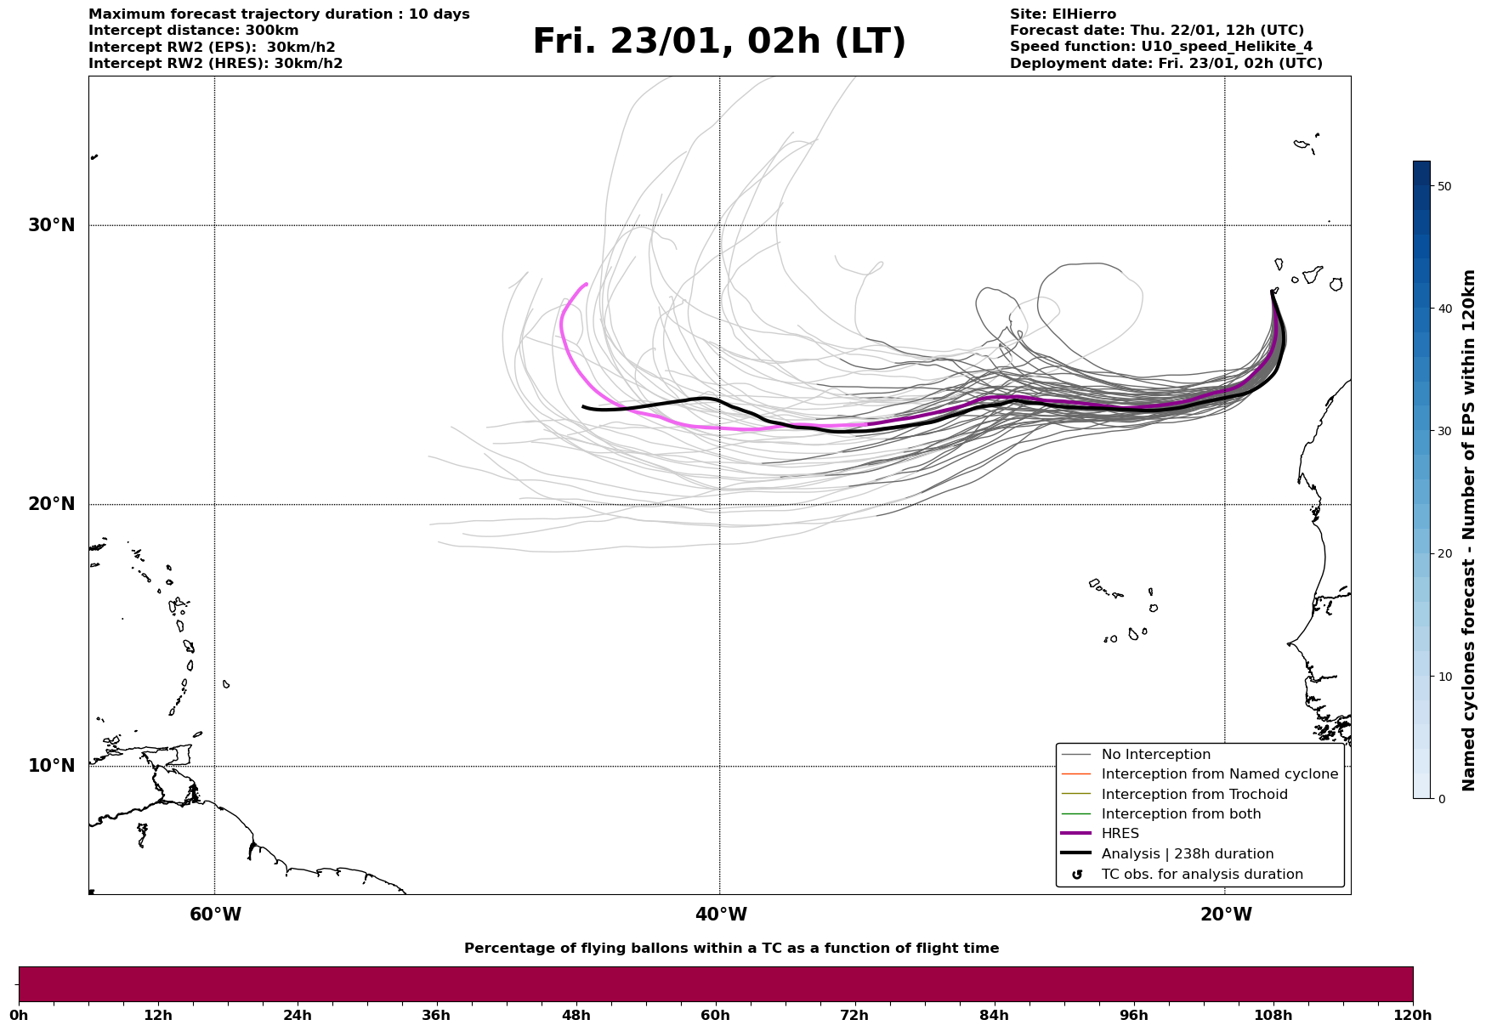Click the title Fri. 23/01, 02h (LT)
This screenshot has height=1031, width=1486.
point(719,42)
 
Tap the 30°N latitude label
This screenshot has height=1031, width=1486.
point(52,225)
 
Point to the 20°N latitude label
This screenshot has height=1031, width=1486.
point(52,504)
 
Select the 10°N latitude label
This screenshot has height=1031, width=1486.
point(52,766)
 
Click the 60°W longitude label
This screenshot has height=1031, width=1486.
point(215,915)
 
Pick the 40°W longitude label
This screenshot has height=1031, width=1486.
point(721,915)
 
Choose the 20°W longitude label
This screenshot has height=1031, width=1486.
point(1226,915)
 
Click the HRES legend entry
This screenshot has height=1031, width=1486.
point(1120,834)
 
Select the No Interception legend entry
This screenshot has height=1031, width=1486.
point(1155,755)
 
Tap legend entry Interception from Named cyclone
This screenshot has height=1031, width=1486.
point(1219,774)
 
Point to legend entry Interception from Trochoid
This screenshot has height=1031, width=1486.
point(1194,795)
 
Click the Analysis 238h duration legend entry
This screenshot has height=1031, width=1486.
point(1187,854)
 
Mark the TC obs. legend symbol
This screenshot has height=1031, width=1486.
point(1077,875)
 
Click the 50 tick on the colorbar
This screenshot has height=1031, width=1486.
point(1443,186)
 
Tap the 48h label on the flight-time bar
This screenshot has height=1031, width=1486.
point(576,1016)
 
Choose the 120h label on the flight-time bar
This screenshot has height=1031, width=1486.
point(1413,1016)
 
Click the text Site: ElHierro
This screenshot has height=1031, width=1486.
point(1063,14)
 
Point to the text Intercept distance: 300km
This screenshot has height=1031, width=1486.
point(194,31)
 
